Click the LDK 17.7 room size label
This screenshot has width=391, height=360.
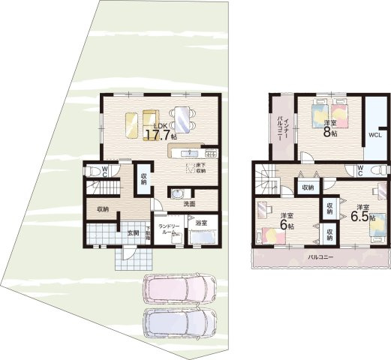click(x=159, y=132)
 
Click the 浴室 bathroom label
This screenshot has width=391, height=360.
click(x=201, y=223)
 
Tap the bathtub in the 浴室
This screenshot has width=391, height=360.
click(x=202, y=238)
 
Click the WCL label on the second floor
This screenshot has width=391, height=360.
click(x=374, y=135)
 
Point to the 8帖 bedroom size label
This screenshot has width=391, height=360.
click(x=329, y=128)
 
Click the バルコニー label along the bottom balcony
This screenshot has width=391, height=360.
click(x=320, y=257)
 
